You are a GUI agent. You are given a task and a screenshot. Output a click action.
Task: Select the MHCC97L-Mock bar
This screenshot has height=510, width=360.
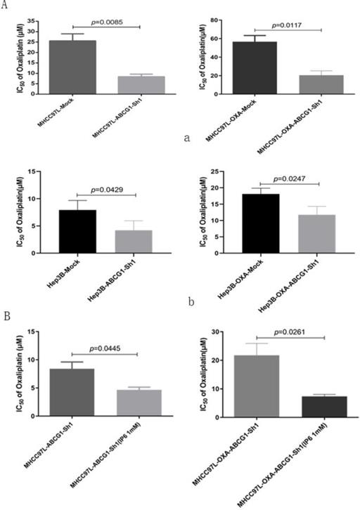(x=73, y=67)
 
